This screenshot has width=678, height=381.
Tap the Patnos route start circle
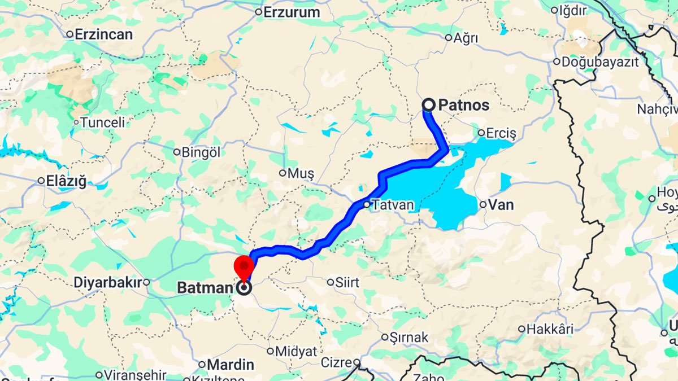[429, 104]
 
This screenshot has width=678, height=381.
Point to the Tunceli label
[102, 122]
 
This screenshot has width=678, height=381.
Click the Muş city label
[300, 173]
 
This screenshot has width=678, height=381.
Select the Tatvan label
[392, 205]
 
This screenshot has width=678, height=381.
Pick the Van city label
[501, 205]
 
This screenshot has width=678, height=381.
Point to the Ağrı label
[466, 38]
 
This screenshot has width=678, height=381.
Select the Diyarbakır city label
[107, 282]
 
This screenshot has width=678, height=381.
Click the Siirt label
[347, 282]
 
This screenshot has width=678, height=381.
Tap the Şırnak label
[408, 338]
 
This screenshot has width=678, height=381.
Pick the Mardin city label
[230, 365]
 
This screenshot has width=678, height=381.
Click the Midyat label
[296, 352]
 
